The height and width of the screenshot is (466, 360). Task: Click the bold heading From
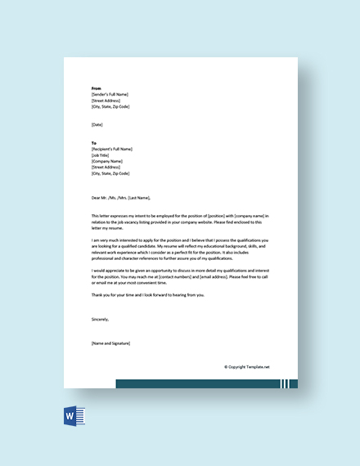click(97, 87)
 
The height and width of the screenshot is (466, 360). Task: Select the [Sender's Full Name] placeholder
click(110, 94)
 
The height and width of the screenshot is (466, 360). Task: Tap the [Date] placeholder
click(98, 124)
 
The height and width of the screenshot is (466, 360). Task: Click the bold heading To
click(95, 142)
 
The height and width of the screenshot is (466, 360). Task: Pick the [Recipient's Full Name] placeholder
click(112, 149)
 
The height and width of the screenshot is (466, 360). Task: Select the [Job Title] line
click(102, 155)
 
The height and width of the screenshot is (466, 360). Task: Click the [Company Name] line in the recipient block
click(107, 161)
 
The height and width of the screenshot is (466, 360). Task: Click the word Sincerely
click(100, 320)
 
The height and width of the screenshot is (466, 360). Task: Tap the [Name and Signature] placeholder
click(110, 343)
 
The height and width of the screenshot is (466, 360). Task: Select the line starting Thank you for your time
click(148, 294)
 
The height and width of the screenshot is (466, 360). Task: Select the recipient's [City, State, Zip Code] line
click(110, 173)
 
